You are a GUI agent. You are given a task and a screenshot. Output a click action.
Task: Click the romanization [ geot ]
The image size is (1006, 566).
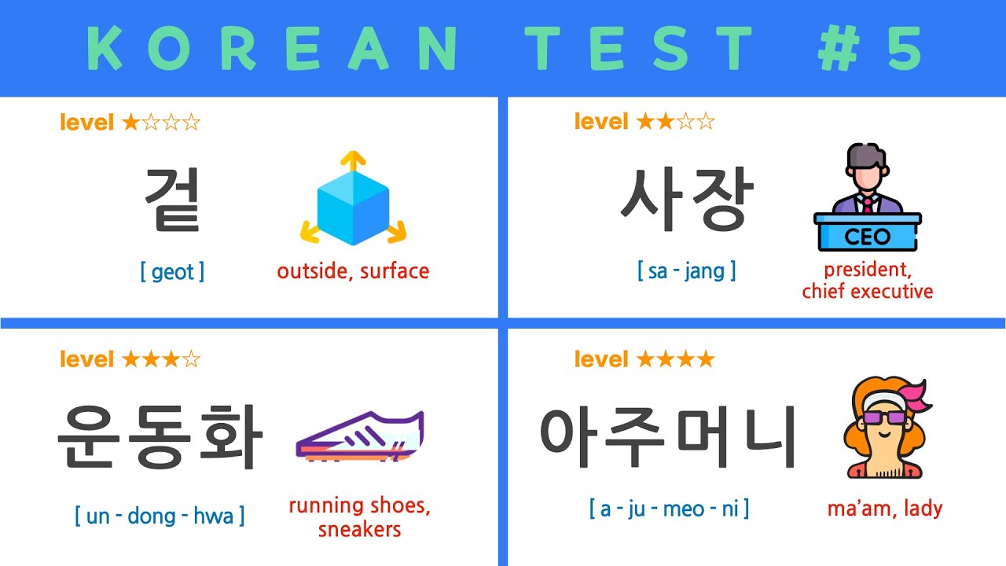172,272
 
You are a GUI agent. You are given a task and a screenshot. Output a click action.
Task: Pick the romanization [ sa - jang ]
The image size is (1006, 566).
687,272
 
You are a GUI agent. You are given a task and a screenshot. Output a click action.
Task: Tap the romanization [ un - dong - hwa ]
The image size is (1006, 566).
160,516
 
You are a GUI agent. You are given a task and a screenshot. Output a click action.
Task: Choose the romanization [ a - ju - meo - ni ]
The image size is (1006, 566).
669,509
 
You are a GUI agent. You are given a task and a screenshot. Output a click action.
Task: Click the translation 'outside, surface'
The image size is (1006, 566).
353,272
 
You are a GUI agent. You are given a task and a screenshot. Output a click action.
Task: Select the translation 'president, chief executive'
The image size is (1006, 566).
868,281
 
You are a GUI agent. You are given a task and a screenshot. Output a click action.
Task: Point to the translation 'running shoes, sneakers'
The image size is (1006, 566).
359,517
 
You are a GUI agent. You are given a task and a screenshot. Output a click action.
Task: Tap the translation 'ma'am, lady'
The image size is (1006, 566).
884,509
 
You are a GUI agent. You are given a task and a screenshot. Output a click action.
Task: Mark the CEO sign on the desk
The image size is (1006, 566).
868,236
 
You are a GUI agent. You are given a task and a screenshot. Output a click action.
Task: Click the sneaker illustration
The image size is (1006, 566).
359,437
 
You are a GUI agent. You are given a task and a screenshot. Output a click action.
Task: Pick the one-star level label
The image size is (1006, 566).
130,123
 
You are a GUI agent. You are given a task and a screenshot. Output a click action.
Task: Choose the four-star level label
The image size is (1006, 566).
644,360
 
